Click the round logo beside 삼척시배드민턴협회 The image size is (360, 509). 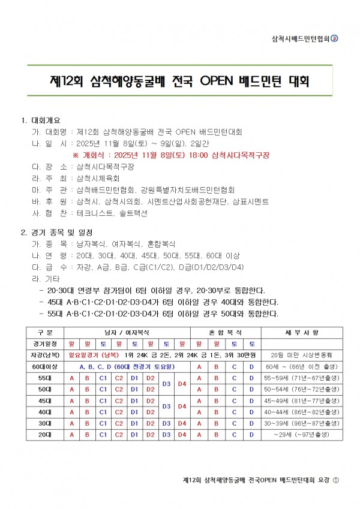coord(335,39)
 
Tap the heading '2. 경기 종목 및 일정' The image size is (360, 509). coord(57,233)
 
